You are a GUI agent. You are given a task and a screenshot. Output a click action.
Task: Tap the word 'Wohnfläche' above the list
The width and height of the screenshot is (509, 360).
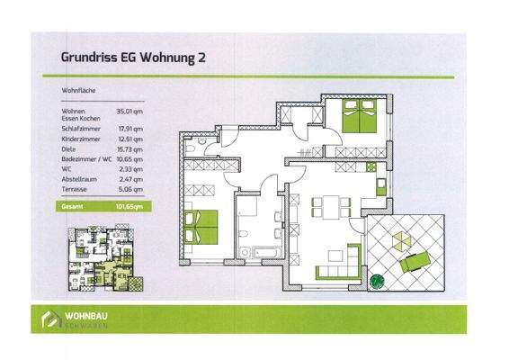tap(79, 91)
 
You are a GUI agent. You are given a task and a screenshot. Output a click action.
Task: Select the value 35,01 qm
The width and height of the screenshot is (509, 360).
tap(130, 111)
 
